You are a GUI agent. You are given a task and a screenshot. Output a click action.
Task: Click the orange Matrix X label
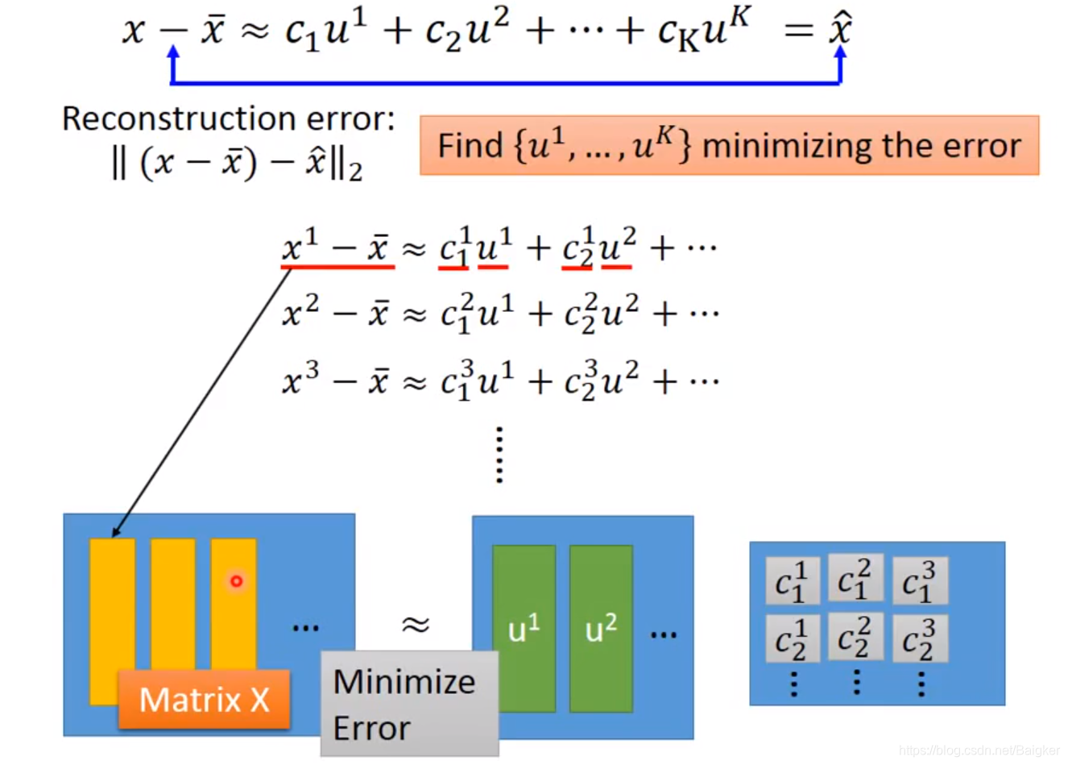pos(204,699)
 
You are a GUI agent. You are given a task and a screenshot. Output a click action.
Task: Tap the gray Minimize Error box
pos(409,704)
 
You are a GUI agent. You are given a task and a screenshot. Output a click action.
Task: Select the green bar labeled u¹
pos(524,629)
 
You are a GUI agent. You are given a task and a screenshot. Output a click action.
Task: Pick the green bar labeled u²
pos(601,629)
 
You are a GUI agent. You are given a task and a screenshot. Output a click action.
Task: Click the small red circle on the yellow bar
pos(236,580)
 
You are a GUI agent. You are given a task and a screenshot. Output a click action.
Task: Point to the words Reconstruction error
pos(228,119)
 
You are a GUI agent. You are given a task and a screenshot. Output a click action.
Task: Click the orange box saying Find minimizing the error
pos(729,146)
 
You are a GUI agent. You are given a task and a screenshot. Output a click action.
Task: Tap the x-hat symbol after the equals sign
pos(840,30)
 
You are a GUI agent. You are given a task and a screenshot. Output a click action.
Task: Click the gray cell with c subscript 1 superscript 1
pos(792,580)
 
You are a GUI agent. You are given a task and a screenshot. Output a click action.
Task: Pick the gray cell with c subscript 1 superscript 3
pos(919,580)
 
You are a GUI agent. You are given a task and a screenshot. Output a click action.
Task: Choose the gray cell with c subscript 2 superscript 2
pos(855,638)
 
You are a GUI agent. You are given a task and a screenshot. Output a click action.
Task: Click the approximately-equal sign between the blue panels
pos(416,624)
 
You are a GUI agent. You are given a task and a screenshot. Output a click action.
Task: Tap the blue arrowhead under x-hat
pos(840,53)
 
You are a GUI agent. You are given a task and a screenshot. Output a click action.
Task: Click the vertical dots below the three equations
pos(499,455)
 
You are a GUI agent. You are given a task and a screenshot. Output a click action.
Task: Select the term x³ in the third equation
pos(301,379)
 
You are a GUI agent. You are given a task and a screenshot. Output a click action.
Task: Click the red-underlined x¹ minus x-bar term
pos(337,247)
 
